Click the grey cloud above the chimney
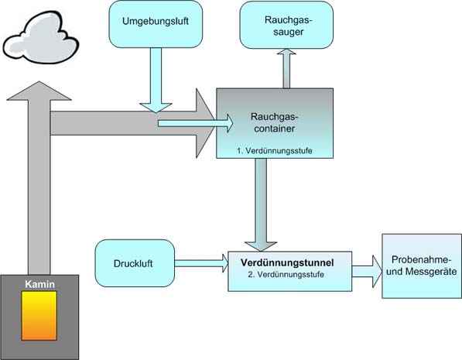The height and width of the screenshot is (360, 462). point(41,38)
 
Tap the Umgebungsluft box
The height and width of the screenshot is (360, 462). point(156,24)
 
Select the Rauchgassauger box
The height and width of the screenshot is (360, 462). point(286,25)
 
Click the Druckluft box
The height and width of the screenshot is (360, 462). point(135,263)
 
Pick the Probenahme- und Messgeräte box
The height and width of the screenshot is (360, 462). point(422,266)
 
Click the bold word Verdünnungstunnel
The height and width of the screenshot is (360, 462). point(287,262)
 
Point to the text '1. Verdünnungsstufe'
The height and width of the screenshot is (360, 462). point(275,151)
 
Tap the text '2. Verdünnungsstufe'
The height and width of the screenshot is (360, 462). point(286,274)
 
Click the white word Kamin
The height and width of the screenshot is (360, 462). point(39,284)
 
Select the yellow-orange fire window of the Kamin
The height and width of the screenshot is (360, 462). point(39,315)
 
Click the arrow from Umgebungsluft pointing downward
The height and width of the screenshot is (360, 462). point(156,80)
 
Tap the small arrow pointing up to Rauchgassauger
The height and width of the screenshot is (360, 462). point(286,68)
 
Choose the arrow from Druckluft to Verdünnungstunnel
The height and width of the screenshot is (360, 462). point(201,263)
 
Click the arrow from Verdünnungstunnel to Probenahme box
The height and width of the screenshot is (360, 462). point(367,271)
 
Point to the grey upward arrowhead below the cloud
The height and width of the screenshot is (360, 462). point(39,91)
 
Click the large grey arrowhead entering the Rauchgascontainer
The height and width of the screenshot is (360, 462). point(206,123)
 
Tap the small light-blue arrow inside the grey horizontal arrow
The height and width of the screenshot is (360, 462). point(195,123)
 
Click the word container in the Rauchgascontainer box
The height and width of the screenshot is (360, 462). point(275,129)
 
